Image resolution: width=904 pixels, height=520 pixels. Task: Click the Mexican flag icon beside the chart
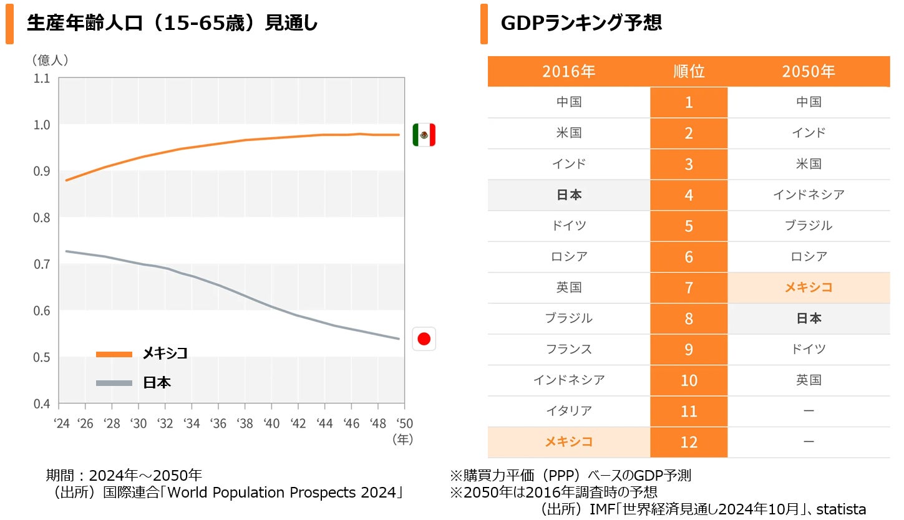[424, 135]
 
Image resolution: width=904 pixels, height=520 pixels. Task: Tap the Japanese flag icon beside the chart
[424, 339]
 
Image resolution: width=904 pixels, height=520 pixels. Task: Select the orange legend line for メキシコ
[114, 354]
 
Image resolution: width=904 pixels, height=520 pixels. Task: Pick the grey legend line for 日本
[114, 383]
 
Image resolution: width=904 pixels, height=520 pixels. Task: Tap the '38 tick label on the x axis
[245, 423]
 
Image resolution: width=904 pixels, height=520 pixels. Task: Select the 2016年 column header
[568, 72]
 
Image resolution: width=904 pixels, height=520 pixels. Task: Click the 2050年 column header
[809, 72]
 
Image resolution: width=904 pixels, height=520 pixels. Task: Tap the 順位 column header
[689, 72]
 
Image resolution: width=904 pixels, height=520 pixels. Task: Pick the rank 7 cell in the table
[689, 287]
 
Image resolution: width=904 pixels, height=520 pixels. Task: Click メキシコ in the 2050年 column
[809, 287]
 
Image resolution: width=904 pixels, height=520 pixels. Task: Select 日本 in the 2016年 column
[568, 195]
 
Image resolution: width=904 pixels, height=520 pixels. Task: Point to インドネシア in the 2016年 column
[568, 380]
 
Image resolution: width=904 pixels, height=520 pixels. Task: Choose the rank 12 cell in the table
[689, 442]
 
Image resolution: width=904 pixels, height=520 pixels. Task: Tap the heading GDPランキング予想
[581, 24]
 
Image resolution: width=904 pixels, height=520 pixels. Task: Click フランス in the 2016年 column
[568, 349]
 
